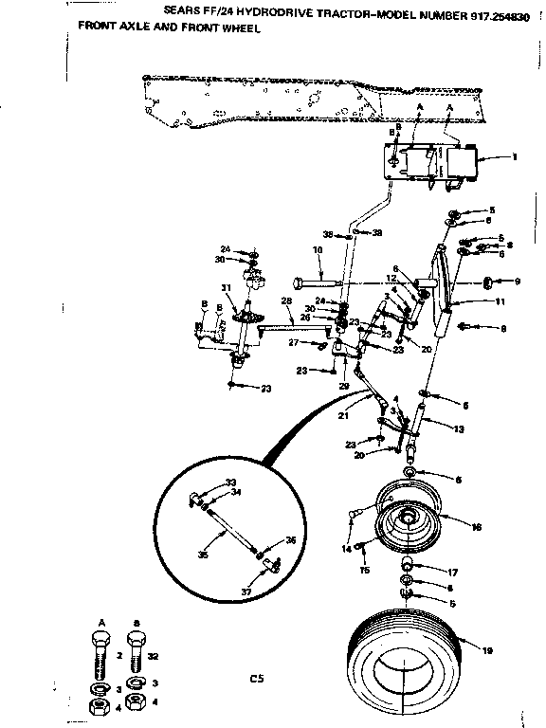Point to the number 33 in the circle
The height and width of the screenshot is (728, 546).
click(x=230, y=482)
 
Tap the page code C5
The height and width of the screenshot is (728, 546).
click(x=254, y=678)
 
